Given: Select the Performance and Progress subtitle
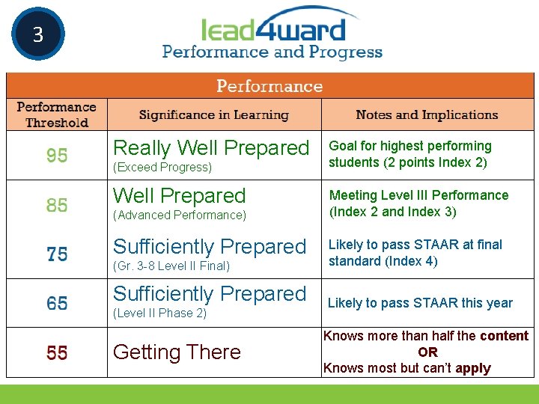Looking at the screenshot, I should point(272,52).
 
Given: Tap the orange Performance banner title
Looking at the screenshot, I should point(269,86).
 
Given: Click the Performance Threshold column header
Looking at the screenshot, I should point(57,114).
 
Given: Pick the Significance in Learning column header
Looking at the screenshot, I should point(213,114).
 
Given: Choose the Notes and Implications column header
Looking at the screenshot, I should point(427,114).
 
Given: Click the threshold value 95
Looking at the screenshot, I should point(57,155).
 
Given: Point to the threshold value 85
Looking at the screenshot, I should point(57,204).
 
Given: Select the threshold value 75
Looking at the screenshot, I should point(57,254).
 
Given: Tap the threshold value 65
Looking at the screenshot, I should point(57,303).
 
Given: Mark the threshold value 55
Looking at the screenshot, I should point(57,352).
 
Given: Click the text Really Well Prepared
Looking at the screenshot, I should point(210,147).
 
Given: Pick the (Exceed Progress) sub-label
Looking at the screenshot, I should point(162,168).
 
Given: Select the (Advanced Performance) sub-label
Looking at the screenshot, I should point(179,215).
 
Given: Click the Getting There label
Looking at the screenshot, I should point(177,352).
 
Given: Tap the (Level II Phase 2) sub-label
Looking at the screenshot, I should point(159,313).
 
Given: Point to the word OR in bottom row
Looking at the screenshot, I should point(427,352).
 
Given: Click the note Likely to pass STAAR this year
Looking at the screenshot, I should point(420,303).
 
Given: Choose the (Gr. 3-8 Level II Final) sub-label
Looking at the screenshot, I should point(171,266).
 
